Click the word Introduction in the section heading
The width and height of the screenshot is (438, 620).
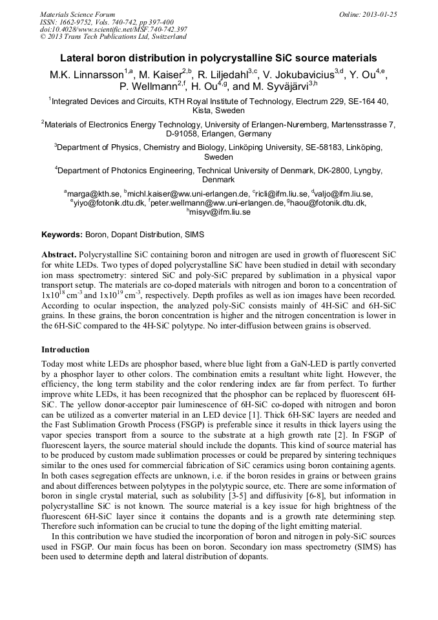[65, 350]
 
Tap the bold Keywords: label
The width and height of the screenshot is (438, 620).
[62, 234]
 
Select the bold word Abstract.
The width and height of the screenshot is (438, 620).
[59, 255]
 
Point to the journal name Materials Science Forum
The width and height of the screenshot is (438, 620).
[78, 14]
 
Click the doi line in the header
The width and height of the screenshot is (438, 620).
[114, 29]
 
